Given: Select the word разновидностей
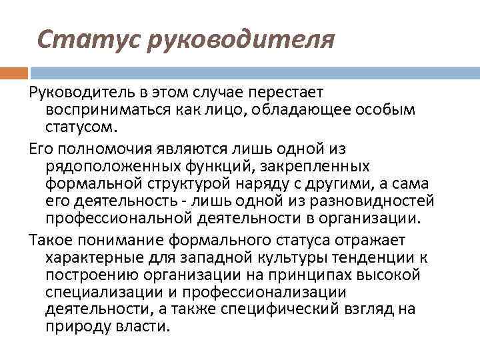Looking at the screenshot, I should tap(374, 201).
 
